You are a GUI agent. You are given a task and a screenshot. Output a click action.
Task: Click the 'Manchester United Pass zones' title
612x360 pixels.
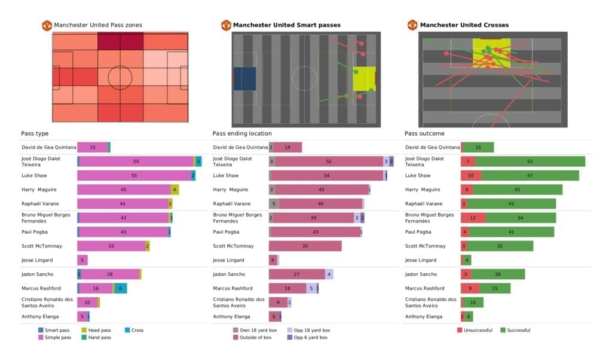click(x=98, y=25)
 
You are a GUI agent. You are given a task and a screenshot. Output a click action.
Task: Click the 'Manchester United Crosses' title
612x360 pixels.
click(x=464, y=25)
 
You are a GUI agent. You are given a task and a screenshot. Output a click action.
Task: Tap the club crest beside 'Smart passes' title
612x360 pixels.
click(x=226, y=25)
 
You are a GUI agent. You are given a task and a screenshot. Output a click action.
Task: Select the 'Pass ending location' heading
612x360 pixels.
click(x=242, y=133)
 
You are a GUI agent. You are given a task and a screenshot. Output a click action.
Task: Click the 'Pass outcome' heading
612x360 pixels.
click(x=424, y=133)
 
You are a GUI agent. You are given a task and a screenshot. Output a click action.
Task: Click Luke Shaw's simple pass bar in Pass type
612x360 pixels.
click(x=134, y=176)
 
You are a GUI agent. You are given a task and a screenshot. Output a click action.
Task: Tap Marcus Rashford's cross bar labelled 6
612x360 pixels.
click(x=120, y=288)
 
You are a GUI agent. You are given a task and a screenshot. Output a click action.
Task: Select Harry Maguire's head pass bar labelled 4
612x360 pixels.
click(x=175, y=190)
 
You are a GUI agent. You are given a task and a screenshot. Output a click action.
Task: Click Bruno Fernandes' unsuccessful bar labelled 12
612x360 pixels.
click(x=473, y=218)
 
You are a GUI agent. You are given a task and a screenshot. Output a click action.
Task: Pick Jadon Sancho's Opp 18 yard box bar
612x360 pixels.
click(x=329, y=274)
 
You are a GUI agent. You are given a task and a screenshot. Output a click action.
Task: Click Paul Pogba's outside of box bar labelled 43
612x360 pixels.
click(x=315, y=232)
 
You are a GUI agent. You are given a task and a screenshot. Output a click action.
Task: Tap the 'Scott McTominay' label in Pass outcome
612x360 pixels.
click(x=425, y=246)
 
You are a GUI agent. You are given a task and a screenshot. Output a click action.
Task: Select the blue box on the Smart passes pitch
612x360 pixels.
click(x=244, y=79)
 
